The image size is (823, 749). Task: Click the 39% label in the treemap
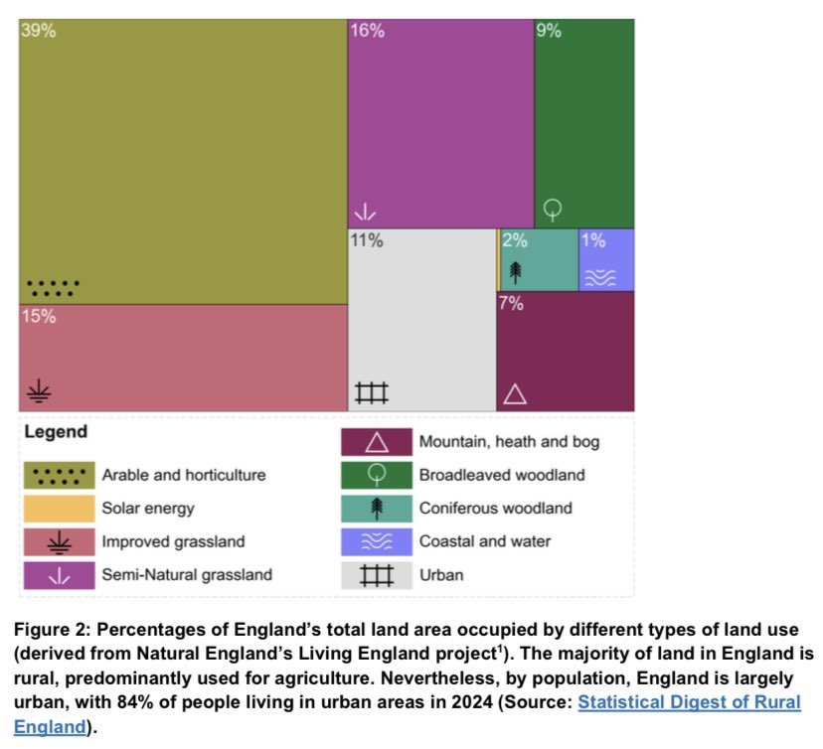coord(39,31)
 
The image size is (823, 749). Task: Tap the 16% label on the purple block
coord(367,31)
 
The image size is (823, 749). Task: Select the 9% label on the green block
coord(549,31)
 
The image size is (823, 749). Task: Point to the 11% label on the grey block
coord(367,240)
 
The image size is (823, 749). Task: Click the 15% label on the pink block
coord(39,317)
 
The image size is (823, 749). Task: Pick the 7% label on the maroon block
coord(511,304)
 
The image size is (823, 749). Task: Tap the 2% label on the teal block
coord(514,240)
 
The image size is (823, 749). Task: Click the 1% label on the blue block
coord(593,240)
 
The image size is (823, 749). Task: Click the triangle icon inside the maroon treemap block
coord(514,393)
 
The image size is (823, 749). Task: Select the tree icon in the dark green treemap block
coord(553,210)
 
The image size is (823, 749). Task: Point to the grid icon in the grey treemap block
coord(372,393)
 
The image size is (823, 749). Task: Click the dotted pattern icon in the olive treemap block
coord(53,288)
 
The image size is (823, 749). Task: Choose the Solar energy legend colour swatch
coord(59,509)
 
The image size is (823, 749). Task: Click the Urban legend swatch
coord(377,575)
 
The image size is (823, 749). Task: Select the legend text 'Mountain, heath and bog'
coord(509,441)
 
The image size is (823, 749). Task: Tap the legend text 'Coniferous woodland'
coord(495,509)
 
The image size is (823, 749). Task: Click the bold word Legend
coord(56,432)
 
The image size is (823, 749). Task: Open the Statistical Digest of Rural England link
coord(689,702)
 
